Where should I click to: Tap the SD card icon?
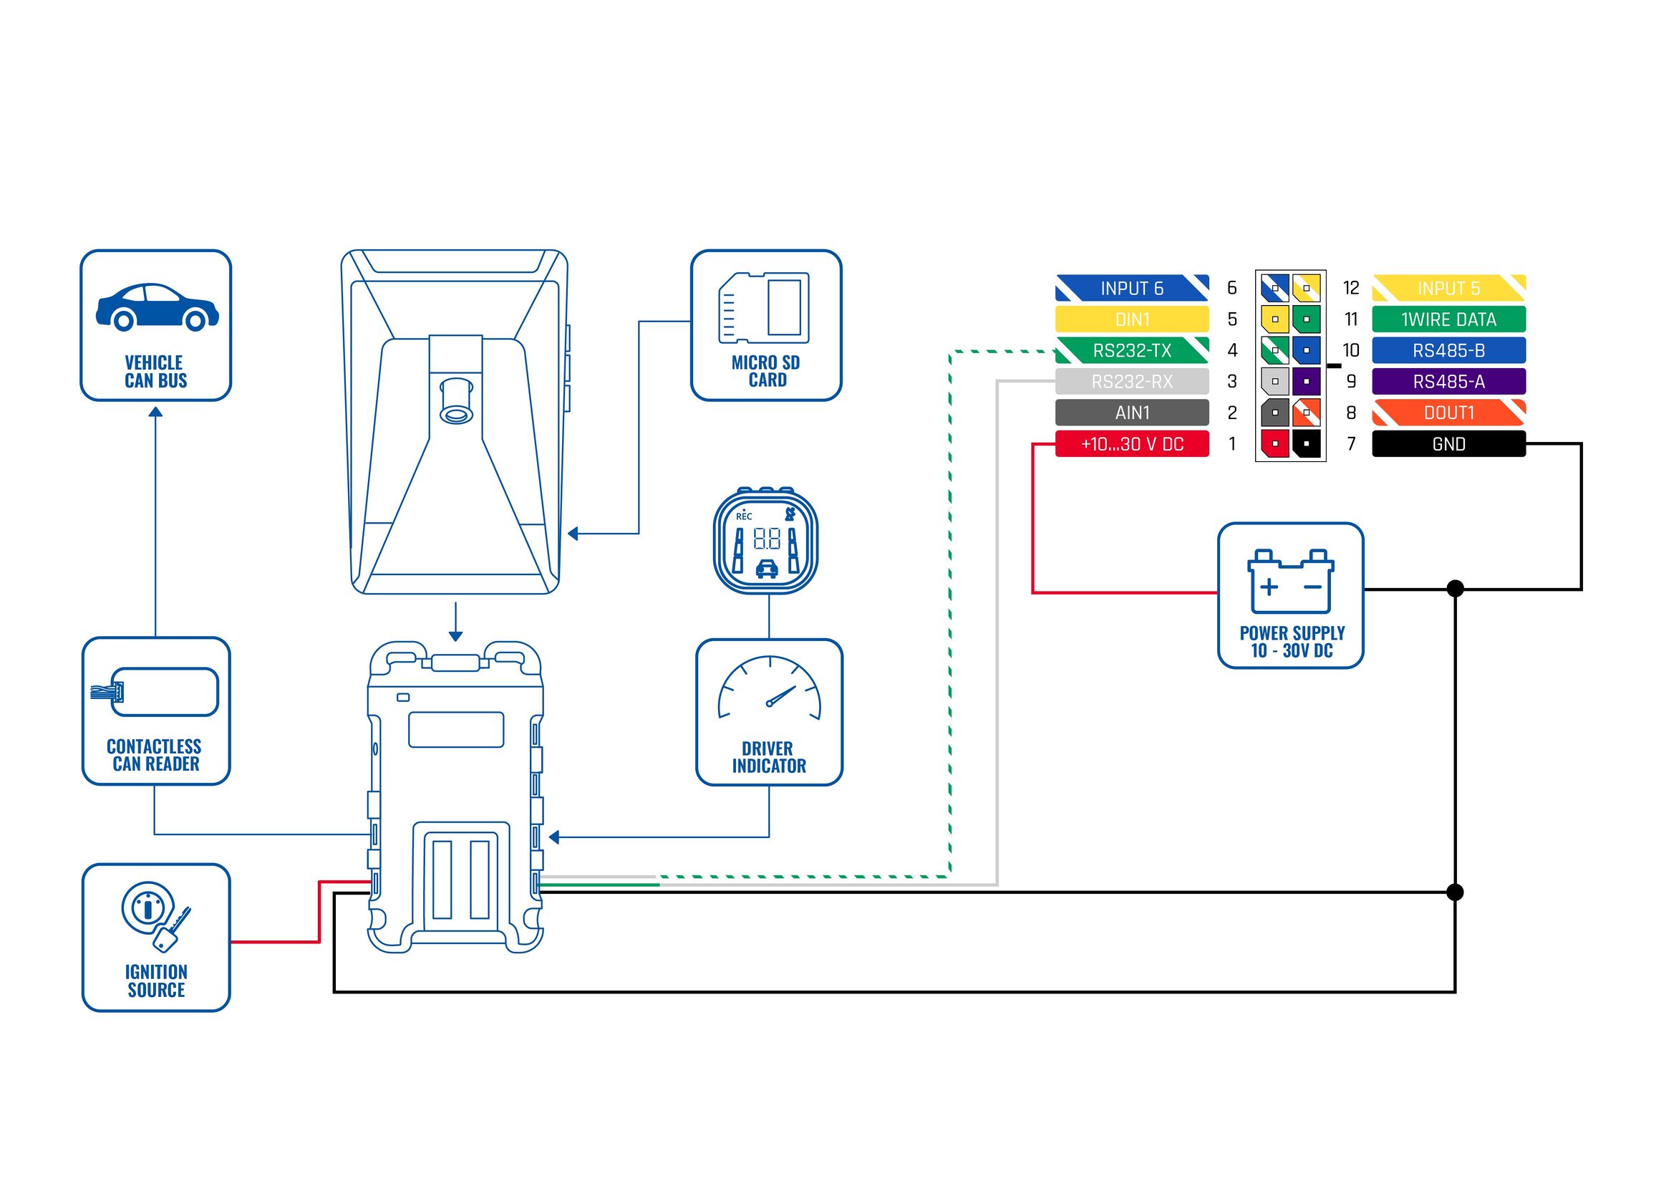click(764, 308)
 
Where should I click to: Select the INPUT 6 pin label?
click(1131, 288)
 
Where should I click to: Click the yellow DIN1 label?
click(1131, 319)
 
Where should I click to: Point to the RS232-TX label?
click(1131, 350)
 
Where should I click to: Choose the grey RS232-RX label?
click(1131, 382)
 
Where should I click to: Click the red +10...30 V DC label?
click(1131, 444)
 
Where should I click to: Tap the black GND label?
click(1448, 444)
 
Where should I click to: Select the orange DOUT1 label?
click(1448, 413)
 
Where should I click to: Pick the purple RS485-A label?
click(1448, 382)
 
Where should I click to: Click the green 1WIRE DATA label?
click(1448, 319)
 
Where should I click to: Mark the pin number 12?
click(1350, 288)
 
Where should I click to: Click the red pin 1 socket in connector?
click(1274, 444)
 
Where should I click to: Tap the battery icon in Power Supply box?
click(1290, 582)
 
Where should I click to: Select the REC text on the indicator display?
click(743, 516)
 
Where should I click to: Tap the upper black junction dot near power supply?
click(1456, 588)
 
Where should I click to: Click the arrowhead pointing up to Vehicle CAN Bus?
click(155, 412)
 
